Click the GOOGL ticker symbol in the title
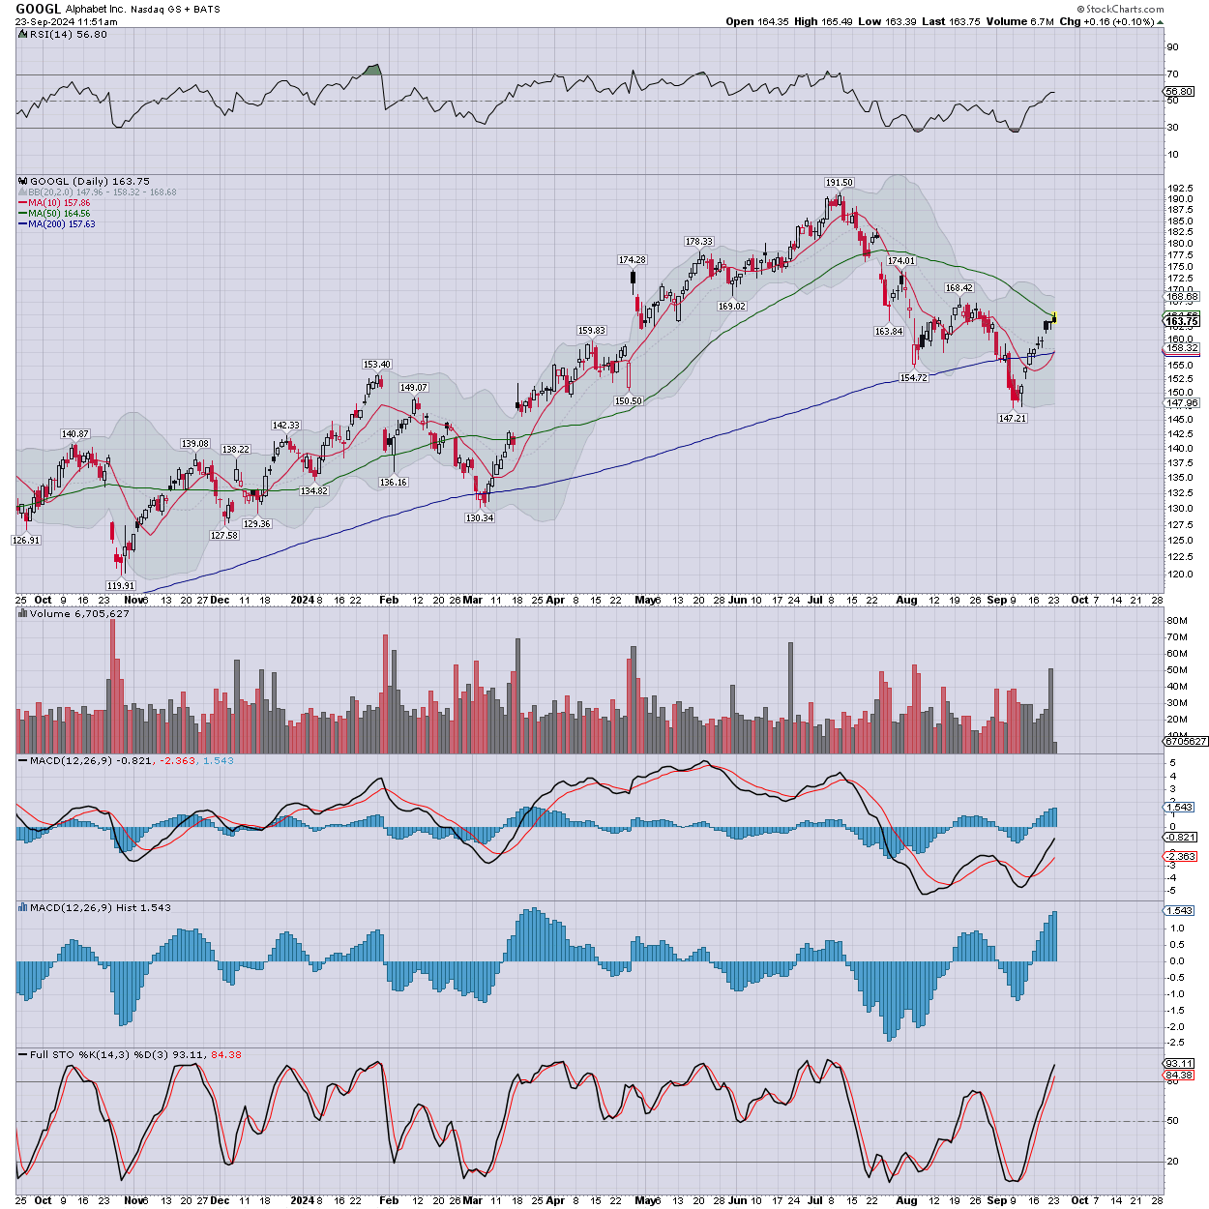coord(38,9)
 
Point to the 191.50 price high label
coord(839,183)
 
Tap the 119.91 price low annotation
coord(121,586)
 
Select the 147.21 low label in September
coord(1013,419)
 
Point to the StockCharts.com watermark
coord(1125,10)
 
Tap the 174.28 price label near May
coord(633,260)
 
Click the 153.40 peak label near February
coord(376,365)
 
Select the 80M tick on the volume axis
coord(1177,620)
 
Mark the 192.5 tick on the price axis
coord(1180,189)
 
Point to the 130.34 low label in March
coord(480,518)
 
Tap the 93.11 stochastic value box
coord(1179,1063)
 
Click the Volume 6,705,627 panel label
coord(79,614)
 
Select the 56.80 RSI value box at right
coord(1179,92)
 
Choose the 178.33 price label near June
coord(699,242)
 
